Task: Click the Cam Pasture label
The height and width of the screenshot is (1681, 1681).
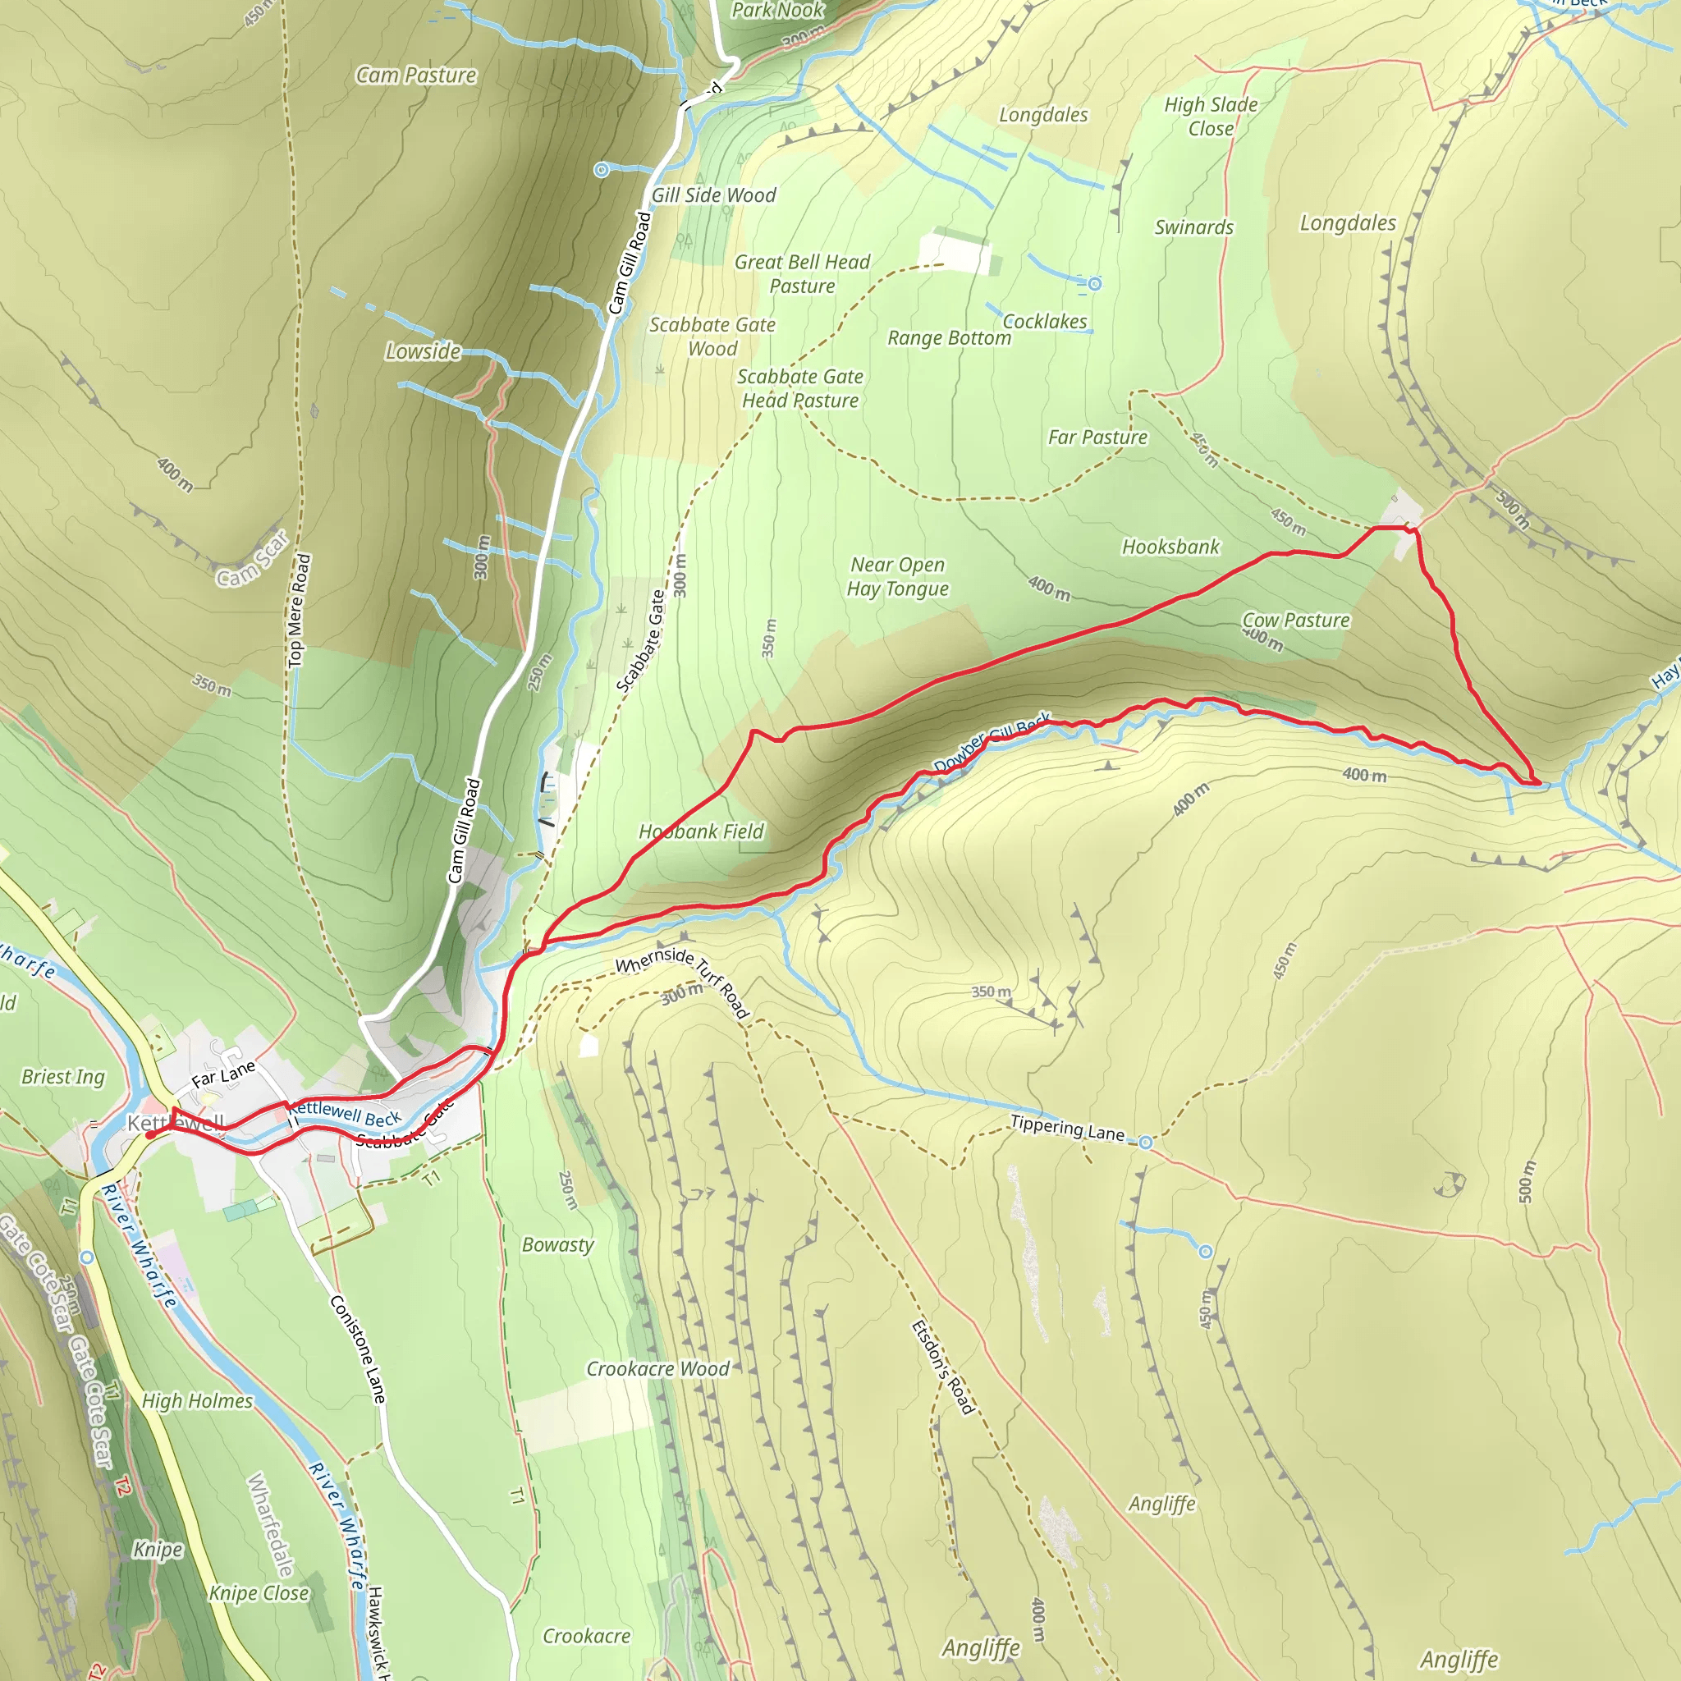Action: [416, 76]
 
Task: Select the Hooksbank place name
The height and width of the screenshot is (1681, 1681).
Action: [1170, 547]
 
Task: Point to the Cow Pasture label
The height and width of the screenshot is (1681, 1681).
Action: [1295, 621]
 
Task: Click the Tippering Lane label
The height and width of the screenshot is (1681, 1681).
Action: [1067, 1128]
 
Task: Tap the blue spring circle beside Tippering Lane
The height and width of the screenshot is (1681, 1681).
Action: [1146, 1143]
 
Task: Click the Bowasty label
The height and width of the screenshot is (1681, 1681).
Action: [557, 1245]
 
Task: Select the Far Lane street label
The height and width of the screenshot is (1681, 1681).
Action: [223, 1074]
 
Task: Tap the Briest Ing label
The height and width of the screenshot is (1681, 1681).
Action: [62, 1077]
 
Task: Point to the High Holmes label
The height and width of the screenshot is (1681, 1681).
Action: [198, 1401]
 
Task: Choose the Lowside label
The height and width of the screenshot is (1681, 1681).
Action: [423, 351]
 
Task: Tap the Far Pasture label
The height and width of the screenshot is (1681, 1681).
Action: [1097, 437]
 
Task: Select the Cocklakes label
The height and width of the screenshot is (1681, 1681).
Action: [1044, 322]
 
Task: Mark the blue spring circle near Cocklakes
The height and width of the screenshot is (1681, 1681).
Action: [1095, 284]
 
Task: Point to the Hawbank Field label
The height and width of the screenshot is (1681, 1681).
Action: [701, 831]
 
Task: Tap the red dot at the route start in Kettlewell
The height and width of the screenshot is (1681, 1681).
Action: [150, 1134]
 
